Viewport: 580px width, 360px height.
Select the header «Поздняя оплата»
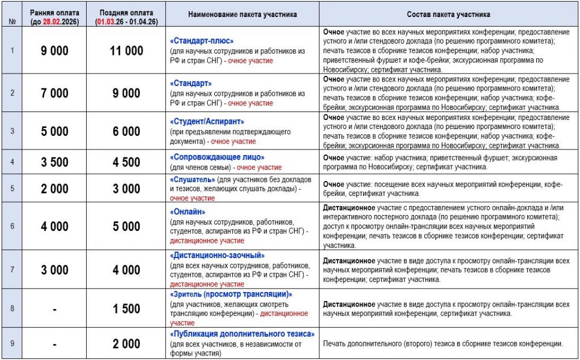(x=125, y=12)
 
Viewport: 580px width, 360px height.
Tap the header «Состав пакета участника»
(x=448, y=14)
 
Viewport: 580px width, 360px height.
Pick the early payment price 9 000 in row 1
(x=54, y=51)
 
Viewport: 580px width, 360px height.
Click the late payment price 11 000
(x=126, y=51)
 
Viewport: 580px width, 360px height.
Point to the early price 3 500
(x=54, y=162)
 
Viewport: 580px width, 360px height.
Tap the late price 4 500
(x=126, y=162)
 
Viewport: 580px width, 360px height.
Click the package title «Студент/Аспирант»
(x=207, y=121)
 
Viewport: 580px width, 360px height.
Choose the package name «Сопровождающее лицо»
(x=217, y=157)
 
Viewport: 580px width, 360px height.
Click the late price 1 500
(x=126, y=308)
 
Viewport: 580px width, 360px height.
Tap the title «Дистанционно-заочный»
(x=217, y=255)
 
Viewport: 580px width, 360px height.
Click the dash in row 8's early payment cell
(x=54, y=308)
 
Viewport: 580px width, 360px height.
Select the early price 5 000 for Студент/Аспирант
(x=54, y=131)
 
